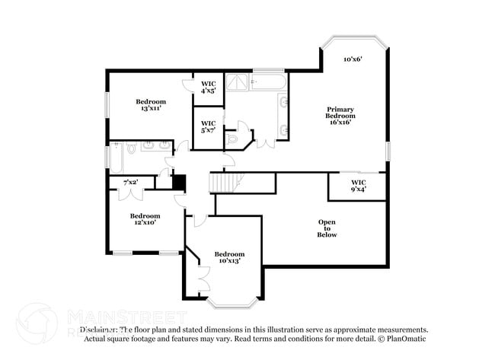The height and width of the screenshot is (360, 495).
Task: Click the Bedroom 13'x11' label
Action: (x=151, y=106)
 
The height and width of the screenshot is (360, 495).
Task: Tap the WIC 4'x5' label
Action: (x=209, y=87)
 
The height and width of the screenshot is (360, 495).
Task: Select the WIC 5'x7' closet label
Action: (x=209, y=126)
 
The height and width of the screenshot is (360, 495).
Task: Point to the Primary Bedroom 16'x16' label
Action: (x=341, y=116)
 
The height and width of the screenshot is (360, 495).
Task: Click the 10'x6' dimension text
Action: (x=352, y=59)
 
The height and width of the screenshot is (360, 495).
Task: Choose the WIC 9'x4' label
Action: (x=358, y=186)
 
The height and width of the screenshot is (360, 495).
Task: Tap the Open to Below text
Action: (x=327, y=228)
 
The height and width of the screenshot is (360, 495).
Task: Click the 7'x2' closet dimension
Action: (x=130, y=182)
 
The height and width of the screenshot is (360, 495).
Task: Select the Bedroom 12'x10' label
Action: (x=145, y=219)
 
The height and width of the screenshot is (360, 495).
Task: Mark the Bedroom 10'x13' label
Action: (x=228, y=257)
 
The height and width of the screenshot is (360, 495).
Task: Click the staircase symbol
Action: (x=225, y=182)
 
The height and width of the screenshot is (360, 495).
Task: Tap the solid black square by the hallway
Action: (x=180, y=183)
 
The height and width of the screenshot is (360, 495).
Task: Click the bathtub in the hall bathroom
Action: (x=116, y=155)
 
